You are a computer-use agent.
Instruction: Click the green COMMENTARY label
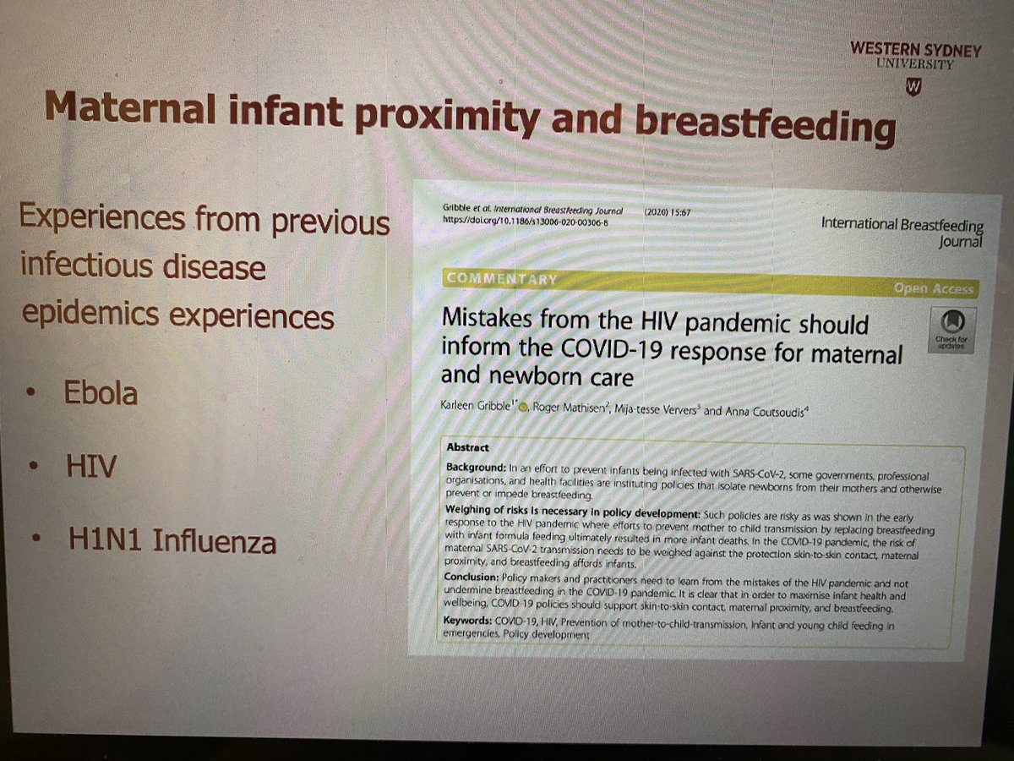click(x=501, y=279)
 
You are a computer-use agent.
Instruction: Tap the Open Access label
click(x=933, y=289)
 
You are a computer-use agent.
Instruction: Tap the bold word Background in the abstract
click(x=472, y=468)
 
